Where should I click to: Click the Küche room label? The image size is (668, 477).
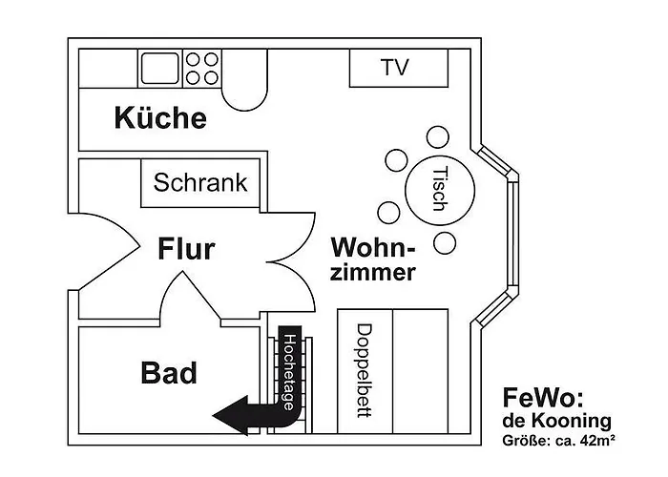[159, 118]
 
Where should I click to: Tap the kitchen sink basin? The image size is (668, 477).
[160, 68]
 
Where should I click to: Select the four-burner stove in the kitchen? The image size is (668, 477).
[201, 68]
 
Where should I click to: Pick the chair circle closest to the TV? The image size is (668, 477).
[437, 137]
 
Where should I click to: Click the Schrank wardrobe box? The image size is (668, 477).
[200, 182]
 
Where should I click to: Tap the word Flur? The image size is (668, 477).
[186, 250]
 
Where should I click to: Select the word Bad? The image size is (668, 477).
[169, 373]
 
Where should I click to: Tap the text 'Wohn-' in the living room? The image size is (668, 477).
[373, 248]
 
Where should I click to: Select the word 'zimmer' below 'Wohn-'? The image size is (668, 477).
[373, 273]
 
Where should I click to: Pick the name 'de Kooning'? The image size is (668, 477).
[556, 421]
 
